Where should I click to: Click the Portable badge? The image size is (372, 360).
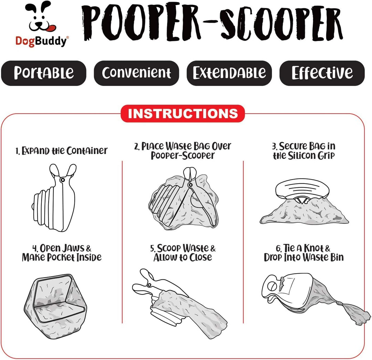tap(43, 73)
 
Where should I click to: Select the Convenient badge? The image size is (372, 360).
tap(136, 73)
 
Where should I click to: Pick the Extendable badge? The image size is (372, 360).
tap(229, 73)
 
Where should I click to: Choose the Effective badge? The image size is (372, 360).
tap(322, 73)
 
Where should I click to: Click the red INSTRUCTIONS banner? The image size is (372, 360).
tap(183, 114)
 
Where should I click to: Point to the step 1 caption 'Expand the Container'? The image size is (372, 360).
tap(62, 151)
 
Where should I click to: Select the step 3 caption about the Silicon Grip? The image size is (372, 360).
tap(303, 151)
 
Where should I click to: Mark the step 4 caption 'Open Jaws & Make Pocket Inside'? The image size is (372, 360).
tap(62, 253)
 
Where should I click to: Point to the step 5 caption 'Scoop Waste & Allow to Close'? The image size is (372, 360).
tap(183, 253)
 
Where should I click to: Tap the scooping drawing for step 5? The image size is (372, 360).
tap(179, 303)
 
